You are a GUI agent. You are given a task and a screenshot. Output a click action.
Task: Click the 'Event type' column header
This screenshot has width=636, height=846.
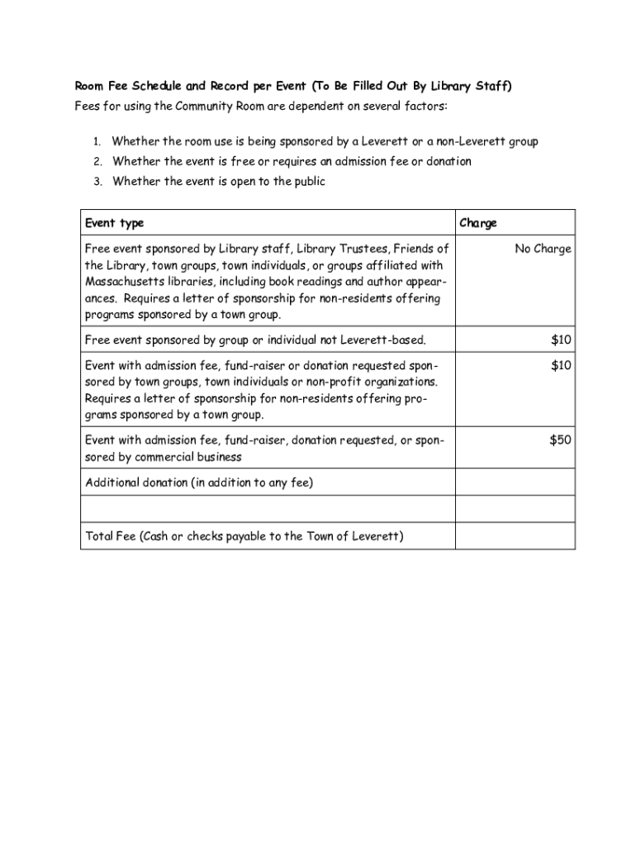114,223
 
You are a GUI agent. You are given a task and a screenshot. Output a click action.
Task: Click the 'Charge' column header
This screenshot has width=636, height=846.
478,223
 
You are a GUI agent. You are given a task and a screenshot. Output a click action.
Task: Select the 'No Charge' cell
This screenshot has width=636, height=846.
543,249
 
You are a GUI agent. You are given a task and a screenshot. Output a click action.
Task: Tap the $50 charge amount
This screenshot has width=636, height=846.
560,440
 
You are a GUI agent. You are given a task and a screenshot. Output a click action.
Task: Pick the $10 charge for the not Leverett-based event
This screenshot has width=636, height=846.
561,340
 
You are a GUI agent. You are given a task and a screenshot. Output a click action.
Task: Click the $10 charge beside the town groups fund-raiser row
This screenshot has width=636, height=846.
561,365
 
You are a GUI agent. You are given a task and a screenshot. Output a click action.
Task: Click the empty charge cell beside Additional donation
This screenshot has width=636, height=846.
515,482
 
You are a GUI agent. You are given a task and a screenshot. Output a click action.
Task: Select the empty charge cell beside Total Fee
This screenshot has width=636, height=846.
515,536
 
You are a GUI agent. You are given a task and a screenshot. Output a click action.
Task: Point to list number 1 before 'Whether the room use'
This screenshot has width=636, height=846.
96,142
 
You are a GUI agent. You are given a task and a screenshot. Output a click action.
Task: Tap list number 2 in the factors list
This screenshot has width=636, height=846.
96,162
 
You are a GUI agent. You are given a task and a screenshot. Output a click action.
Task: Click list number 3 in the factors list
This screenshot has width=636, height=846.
96,182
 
